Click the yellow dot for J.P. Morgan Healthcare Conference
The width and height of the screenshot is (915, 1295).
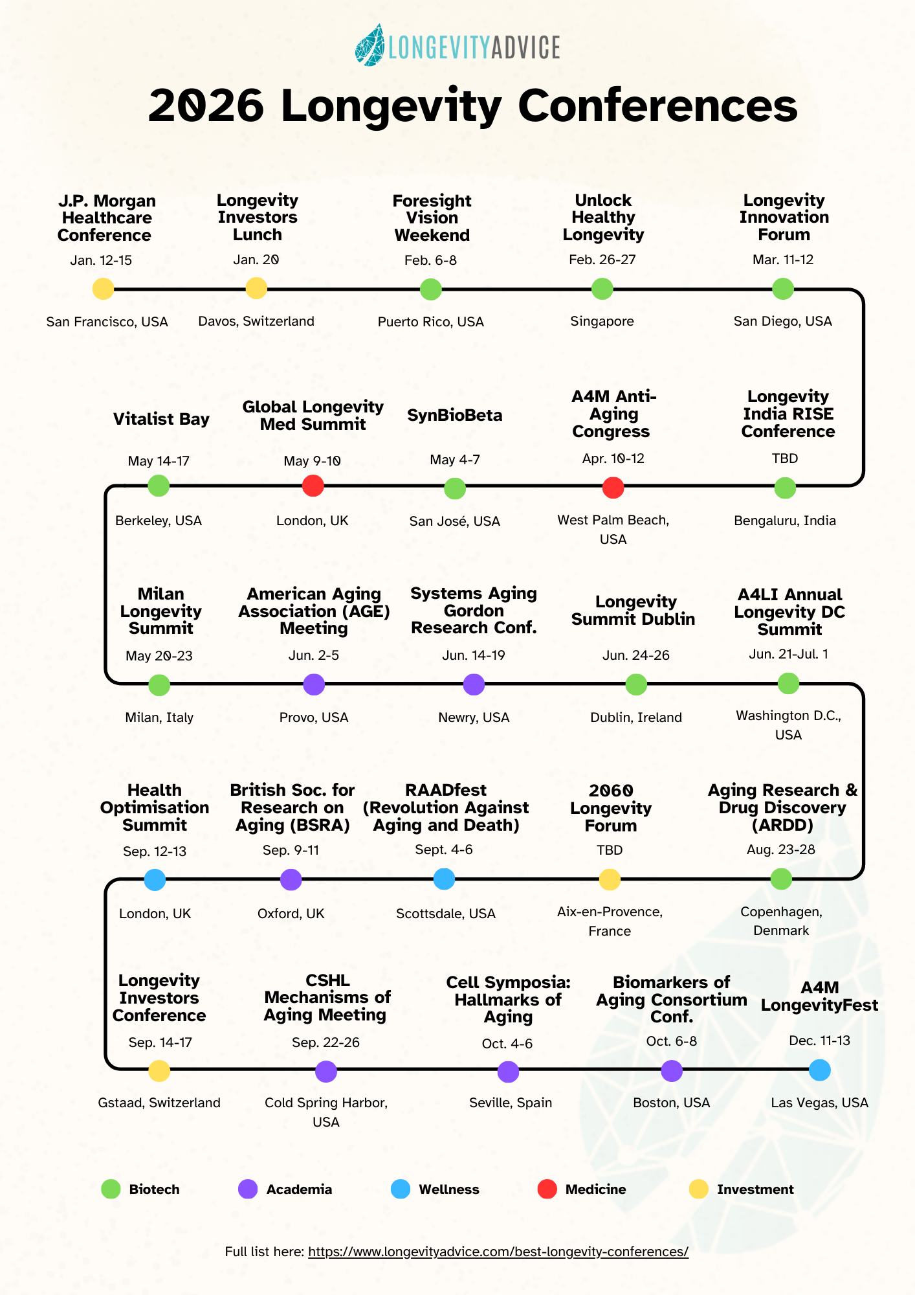[x=104, y=289]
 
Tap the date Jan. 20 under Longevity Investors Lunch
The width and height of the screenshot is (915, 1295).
[x=256, y=260]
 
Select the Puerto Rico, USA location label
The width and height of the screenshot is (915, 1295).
[x=431, y=322]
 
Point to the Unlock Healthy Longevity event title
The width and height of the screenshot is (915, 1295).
[x=603, y=218]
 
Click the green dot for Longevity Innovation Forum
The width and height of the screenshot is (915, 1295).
[x=783, y=289]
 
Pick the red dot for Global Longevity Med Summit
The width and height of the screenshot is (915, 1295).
[x=313, y=486]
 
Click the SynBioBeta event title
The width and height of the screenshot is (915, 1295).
[x=454, y=415]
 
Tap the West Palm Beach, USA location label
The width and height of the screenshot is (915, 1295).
[x=613, y=529]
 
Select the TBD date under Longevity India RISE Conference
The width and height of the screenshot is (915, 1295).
[x=785, y=458]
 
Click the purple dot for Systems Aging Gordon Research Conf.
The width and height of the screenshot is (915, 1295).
[x=474, y=684]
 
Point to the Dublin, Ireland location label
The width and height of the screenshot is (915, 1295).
[x=636, y=717]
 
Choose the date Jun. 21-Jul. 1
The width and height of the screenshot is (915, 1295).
[x=788, y=654]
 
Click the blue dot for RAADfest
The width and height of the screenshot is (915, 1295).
[x=444, y=879]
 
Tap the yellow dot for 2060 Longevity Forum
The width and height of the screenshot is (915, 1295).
[x=610, y=879]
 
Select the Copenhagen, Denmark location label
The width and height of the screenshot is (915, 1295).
[x=781, y=921]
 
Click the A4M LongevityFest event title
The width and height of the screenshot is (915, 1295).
[x=819, y=997]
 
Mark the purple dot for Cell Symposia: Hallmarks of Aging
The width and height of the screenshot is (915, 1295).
[x=509, y=1072]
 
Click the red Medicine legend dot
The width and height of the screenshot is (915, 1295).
[x=547, y=1189]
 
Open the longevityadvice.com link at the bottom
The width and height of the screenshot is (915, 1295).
[x=498, y=1252]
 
